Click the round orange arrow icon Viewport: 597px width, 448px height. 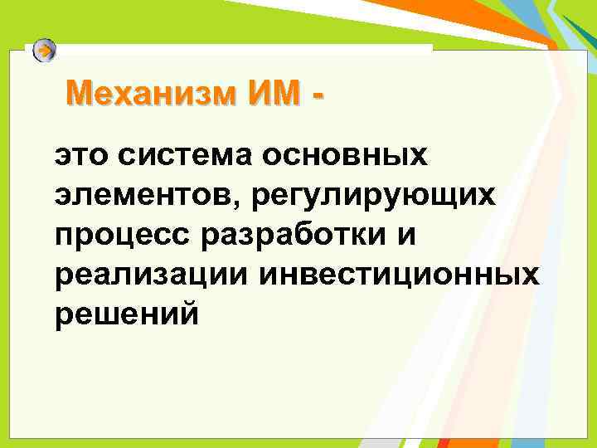(x=45, y=51)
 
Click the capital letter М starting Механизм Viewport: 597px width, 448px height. (x=78, y=93)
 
